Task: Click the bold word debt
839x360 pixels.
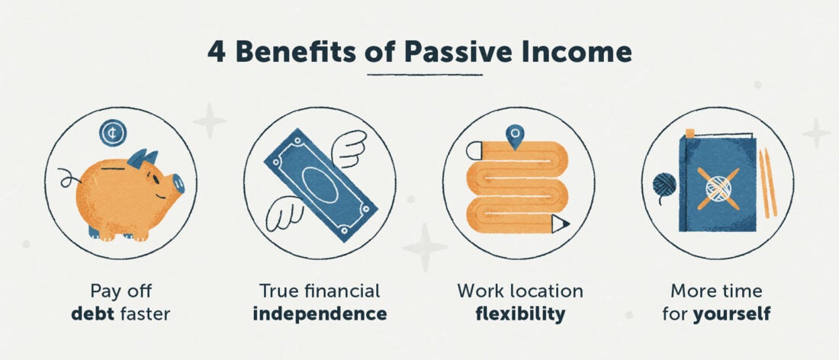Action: pos(92,313)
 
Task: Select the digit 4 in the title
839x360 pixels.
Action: pos(215,52)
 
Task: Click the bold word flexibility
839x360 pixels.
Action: pos(519,313)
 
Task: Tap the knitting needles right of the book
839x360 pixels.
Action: pos(767,183)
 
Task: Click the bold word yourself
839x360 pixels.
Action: pos(731,313)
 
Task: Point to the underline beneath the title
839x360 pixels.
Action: pos(425,74)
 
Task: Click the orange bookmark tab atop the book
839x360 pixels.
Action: pos(690,133)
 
